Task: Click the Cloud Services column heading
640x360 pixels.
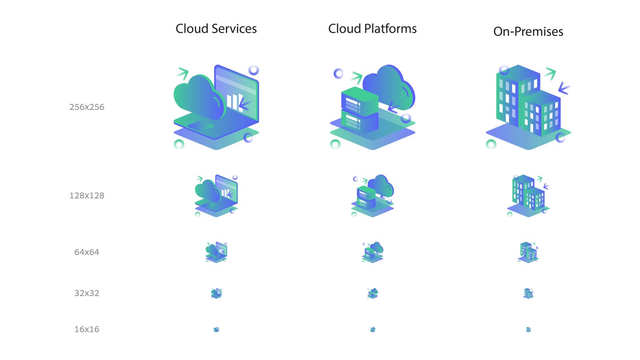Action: click(216, 29)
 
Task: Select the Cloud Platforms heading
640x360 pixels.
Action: click(372, 29)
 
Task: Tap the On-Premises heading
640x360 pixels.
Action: click(528, 32)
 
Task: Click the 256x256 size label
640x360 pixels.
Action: click(87, 107)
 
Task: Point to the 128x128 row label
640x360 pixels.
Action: click(87, 196)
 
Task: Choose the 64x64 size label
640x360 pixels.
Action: click(87, 252)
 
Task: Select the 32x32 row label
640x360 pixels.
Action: click(87, 293)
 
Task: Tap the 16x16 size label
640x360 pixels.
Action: click(87, 330)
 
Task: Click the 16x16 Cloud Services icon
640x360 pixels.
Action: click(216, 330)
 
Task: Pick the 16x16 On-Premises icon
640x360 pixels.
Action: click(528, 330)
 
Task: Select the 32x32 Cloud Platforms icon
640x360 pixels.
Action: click(373, 293)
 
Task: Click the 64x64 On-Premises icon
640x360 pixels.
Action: click(528, 252)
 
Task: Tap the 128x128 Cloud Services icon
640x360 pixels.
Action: click(216, 196)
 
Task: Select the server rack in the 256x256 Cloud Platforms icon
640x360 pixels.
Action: click(359, 110)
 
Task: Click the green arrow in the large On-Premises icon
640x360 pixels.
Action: click(550, 73)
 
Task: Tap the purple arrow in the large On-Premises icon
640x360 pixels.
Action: click(564, 88)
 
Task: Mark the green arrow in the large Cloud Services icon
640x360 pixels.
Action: click(182, 73)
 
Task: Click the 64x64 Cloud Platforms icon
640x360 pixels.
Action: click(373, 252)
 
